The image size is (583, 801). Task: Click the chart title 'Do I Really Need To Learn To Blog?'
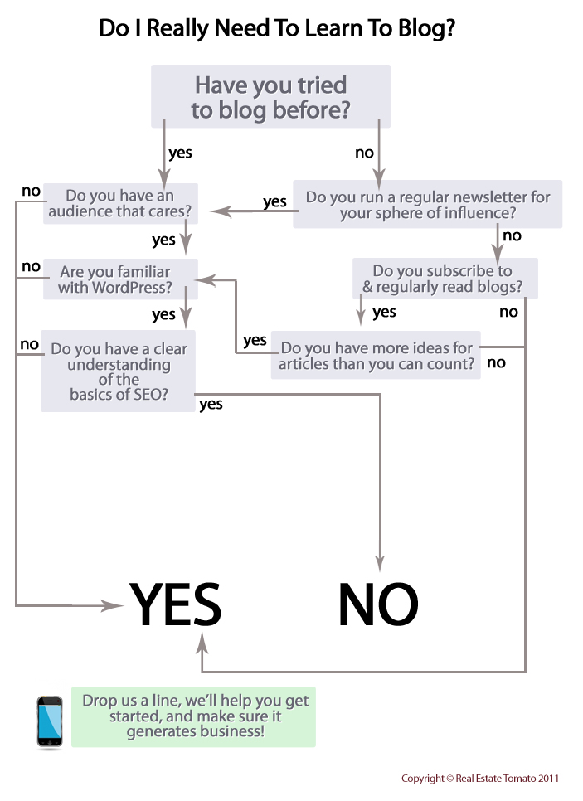[277, 29]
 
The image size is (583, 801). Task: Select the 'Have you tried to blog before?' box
[270, 96]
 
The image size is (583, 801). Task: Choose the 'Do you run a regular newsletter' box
[428, 205]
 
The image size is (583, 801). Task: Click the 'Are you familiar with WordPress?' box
[120, 279]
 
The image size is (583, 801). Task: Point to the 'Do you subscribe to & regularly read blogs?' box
[445, 279]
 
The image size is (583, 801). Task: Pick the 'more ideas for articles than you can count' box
[376, 356]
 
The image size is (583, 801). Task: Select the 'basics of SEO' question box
[119, 371]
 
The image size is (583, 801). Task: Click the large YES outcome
[175, 604]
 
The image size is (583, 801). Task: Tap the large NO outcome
[378, 604]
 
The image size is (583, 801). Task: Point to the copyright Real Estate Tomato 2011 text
[480, 779]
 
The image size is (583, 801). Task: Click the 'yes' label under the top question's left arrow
[181, 153]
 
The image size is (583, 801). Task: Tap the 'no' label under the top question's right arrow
[364, 153]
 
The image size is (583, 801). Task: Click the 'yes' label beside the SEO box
[211, 404]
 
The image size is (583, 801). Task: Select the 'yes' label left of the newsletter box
[274, 201]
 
